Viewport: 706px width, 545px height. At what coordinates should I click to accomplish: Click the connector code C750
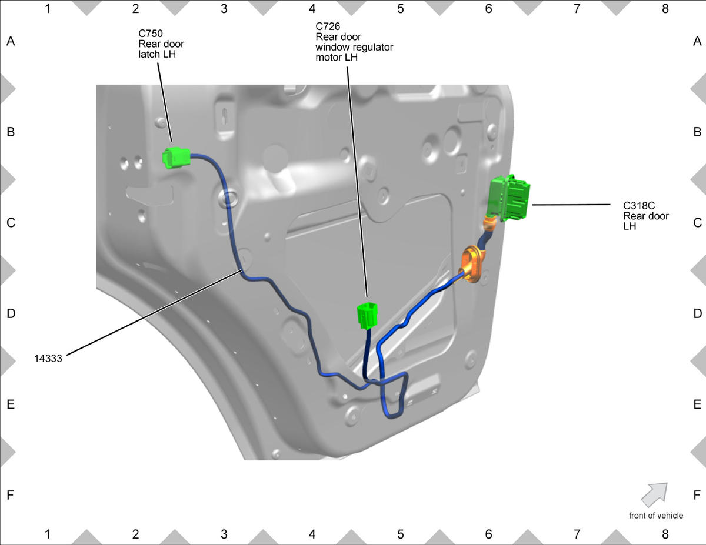click(x=151, y=33)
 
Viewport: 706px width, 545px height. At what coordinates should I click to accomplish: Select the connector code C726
click(x=328, y=26)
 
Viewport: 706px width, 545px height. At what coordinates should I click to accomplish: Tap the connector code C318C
click(x=639, y=205)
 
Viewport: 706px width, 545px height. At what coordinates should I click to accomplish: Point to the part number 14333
click(x=48, y=359)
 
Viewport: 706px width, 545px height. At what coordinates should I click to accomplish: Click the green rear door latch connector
click(x=176, y=158)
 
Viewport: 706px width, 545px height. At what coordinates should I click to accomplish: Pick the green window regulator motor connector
click(x=368, y=316)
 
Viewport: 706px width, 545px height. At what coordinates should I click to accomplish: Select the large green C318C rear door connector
click(x=509, y=198)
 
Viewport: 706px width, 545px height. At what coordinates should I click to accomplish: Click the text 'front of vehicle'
click(x=655, y=516)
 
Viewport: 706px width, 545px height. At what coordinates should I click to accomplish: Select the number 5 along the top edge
click(x=400, y=9)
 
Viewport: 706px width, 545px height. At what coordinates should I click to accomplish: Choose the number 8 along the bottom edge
click(x=665, y=534)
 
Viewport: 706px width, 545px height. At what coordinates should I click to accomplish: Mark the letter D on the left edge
click(x=11, y=313)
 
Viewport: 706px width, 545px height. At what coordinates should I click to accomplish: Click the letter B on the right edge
click(x=697, y=132)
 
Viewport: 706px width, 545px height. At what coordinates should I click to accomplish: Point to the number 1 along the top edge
click(x=48, y=9)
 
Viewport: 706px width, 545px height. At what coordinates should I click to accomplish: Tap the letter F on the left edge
click(x=11, y=495)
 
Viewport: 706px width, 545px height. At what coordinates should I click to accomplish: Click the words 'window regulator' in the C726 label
click(x=354, y=47)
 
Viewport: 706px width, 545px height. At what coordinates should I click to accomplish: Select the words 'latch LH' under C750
click(x=157, y=54)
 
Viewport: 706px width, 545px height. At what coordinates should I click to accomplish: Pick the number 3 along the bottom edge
click(x=224, y=534)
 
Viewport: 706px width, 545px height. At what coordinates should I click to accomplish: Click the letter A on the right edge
click(x=697, y=41)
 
